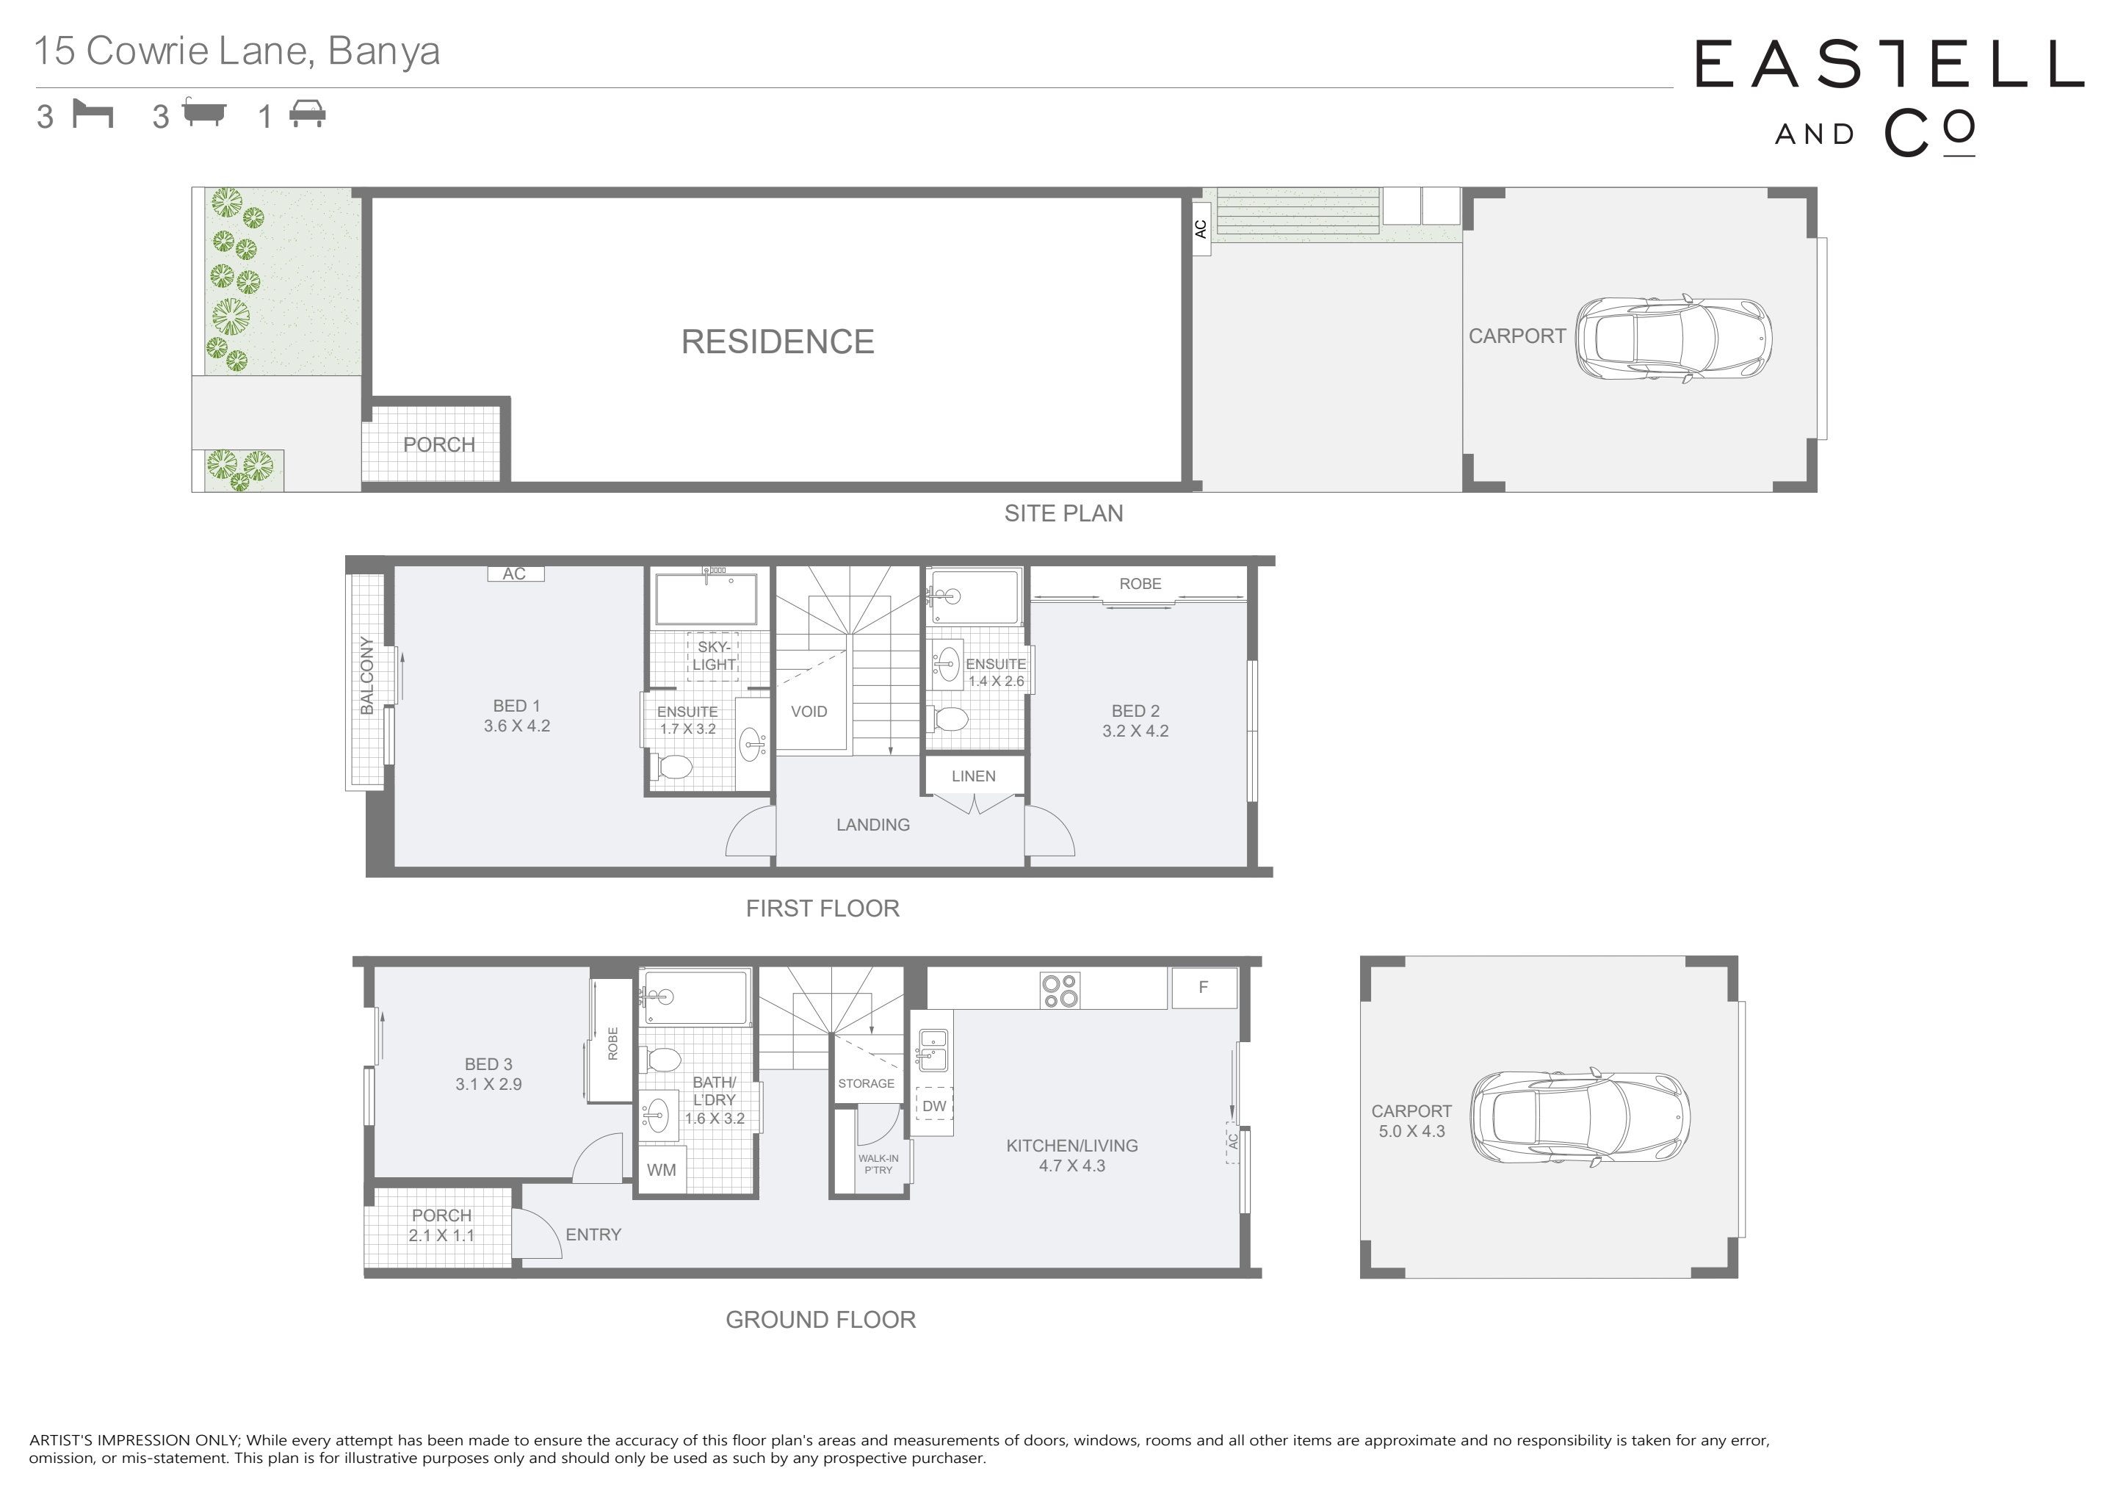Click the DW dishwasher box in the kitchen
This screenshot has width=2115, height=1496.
pos(934,1105)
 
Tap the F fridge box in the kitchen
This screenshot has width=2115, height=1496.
pos(1203,988)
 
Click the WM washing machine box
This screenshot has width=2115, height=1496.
pos(662,1170)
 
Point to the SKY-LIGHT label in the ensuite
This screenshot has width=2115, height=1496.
pos(714,656)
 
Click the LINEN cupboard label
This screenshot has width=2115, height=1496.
pos(974,776)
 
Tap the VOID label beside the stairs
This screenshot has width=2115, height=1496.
pos(809,711)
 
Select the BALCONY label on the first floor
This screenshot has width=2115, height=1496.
pos(366,675)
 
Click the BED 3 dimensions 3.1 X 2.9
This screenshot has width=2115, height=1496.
pos(488,1084)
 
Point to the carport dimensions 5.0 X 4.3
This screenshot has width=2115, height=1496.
pos(1411,1131)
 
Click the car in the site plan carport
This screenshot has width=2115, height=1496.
pos(1673,338)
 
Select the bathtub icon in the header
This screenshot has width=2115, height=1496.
pos(203,112)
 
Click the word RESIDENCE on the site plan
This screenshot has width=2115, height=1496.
pos(778,342)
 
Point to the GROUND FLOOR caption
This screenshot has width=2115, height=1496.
pos(821,1319)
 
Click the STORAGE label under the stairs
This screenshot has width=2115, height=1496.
pos(866,1083)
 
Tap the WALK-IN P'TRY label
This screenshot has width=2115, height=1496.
pos(878,1164)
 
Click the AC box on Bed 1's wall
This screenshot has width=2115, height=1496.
pos(515,573)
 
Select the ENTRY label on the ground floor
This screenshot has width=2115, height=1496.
pos(593,1235)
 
